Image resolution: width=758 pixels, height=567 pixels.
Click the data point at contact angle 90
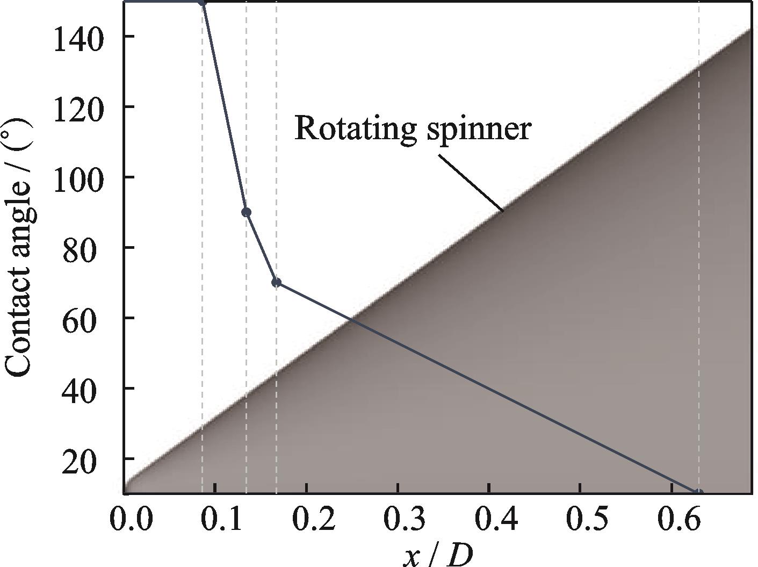point(246,212)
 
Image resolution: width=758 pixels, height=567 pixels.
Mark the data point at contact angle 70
point(276,283)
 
